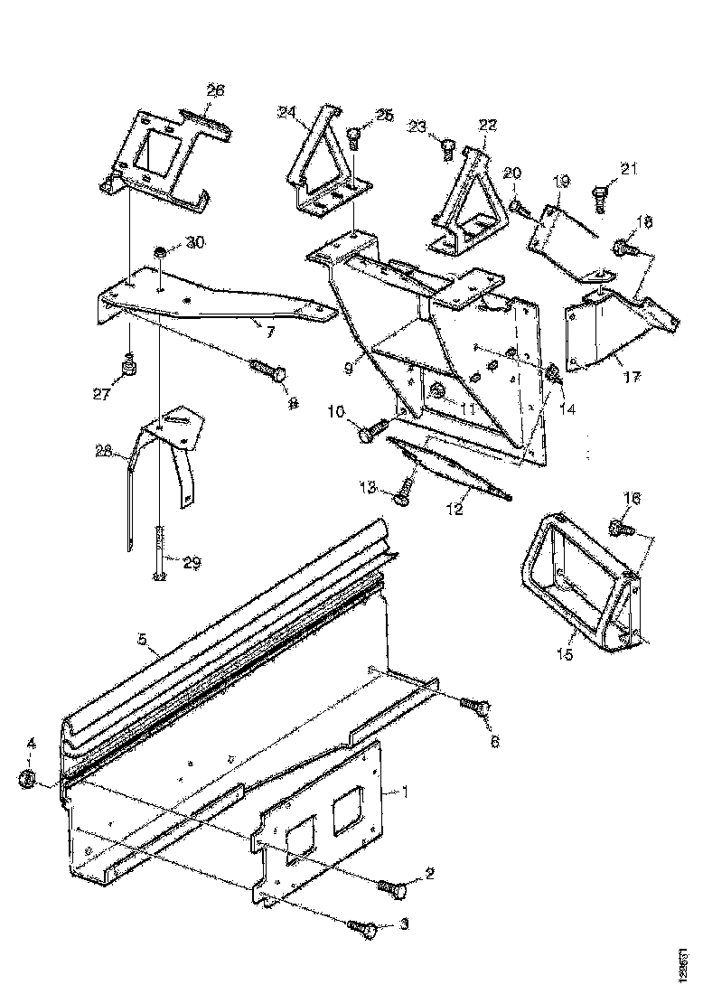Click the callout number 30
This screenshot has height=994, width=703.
pos(195,242)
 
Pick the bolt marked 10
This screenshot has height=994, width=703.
pos(372,432)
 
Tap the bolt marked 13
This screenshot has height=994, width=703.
pos(403,492)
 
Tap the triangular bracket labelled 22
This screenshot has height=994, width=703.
pos(465,203)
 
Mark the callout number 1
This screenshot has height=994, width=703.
pos(407,792)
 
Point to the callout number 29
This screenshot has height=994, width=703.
pos(192,562)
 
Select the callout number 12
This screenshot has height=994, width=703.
pos(454,511)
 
